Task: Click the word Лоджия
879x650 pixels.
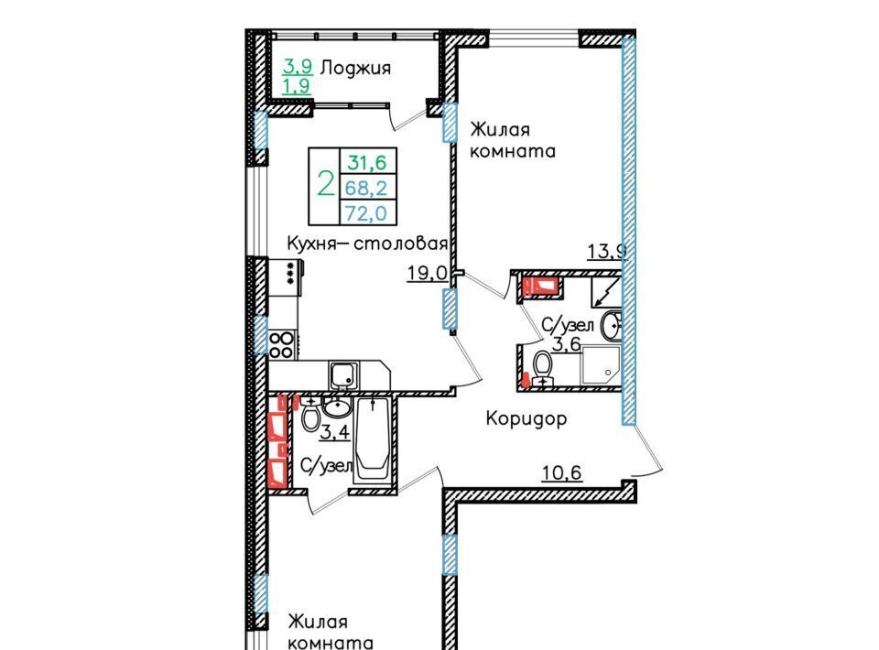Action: [355, 69]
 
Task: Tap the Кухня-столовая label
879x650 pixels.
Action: [367, 244]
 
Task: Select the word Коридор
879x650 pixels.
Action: [526, 418]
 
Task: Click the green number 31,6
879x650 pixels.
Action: [367, 163]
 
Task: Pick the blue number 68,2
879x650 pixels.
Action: [366, 188]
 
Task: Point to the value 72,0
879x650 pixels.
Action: [366, 213]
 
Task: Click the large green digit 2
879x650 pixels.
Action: [325, 183]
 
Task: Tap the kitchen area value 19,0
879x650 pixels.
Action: [428, 274]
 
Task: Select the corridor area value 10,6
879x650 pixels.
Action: [561, 473]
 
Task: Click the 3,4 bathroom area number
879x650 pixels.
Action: [335, 432]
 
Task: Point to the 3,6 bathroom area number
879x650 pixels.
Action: [567, 343]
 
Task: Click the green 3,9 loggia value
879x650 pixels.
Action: [298, 67]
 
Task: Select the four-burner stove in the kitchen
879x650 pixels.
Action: [282, 344]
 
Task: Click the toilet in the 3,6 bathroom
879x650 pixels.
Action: [542, 368]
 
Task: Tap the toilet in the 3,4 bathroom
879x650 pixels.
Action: [310, 414]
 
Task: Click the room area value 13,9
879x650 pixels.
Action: [606, 251]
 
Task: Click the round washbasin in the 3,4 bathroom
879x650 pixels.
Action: [337, 407]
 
